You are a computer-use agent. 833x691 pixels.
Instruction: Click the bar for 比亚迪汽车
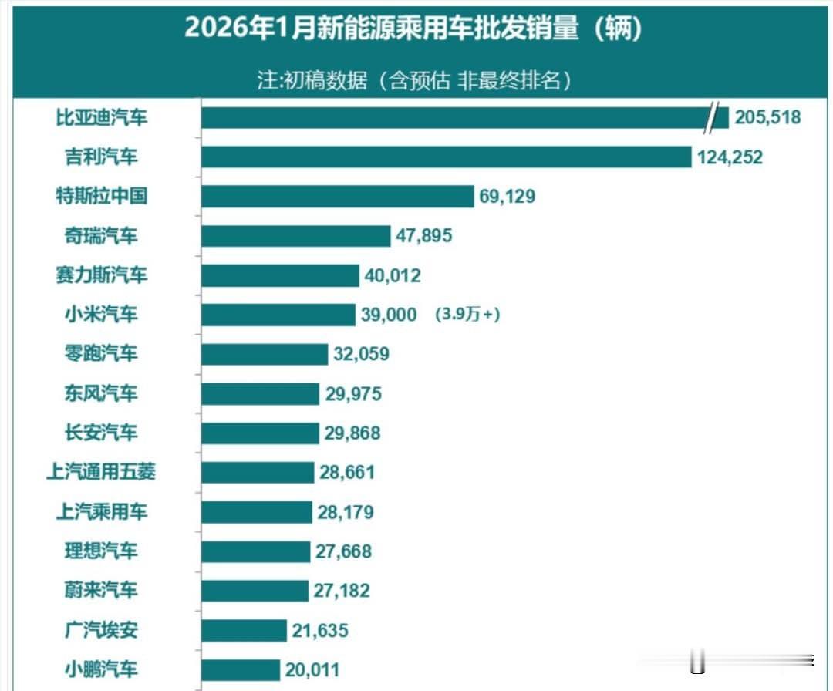(x=455, y=118)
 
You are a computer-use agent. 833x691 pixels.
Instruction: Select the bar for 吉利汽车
(x=446, y=157)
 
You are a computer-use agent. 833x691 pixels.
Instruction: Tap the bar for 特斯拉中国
(x=337, y=197)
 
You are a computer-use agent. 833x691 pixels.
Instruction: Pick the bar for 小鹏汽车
(x=241, y=669)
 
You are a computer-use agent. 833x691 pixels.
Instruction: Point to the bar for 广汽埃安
(x=244, y=630)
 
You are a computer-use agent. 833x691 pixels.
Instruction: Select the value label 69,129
(x=507, y=197)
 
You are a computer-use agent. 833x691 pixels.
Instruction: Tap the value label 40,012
(x=393, y=275)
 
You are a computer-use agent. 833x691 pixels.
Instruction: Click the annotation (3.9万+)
(x=467, y=315)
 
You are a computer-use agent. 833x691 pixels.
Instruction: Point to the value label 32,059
(x=361, y=354)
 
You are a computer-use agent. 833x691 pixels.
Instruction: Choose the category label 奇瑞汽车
(x=101, y=236)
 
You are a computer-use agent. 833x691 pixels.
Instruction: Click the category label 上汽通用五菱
(x=101, y=472)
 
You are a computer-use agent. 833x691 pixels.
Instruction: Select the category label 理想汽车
(x=101, y=551)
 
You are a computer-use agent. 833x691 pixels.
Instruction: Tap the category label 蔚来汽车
(x=101, y=591)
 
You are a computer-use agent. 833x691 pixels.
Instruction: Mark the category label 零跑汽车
(x=101, y=354)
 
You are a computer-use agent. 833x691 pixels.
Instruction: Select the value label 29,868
(x=352, y=433)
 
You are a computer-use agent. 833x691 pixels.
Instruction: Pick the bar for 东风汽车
(x=260, y=393)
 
